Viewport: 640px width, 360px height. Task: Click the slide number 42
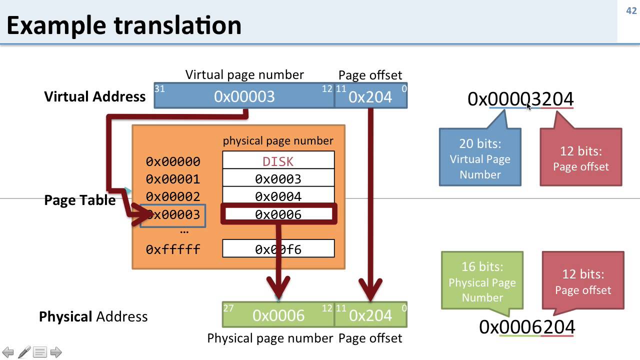(x=631, y=10)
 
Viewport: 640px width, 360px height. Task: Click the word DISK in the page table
(x=278, y=161)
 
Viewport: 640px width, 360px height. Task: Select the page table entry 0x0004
(x=278, y=196)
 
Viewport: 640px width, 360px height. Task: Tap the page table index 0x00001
(x=172, y=179)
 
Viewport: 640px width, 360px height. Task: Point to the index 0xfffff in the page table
(x=172, y=249)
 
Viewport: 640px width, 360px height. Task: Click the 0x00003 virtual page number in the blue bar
(x=244, y=96)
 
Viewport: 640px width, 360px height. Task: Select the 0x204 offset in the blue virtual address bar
(x=370, y=97)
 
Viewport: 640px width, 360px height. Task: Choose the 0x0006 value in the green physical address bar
(x=278, y=315)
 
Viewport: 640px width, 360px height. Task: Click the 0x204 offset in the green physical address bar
(x=370, y=315)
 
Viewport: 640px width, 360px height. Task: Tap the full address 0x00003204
(x=520, y=99)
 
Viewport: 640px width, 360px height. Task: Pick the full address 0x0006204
(x=526, y=327)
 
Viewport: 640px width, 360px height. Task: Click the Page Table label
(x=79, y=200)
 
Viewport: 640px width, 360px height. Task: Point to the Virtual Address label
(x=94, y=96)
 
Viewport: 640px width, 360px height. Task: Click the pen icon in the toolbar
(x=24, y=352)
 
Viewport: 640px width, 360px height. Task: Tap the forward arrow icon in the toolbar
(x=56, y=352)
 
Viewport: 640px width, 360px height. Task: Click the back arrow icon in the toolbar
(x=8, y=352)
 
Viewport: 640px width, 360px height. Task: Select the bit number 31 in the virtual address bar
(x=160, y=88)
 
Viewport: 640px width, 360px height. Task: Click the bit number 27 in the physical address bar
(x=228, y=307)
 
